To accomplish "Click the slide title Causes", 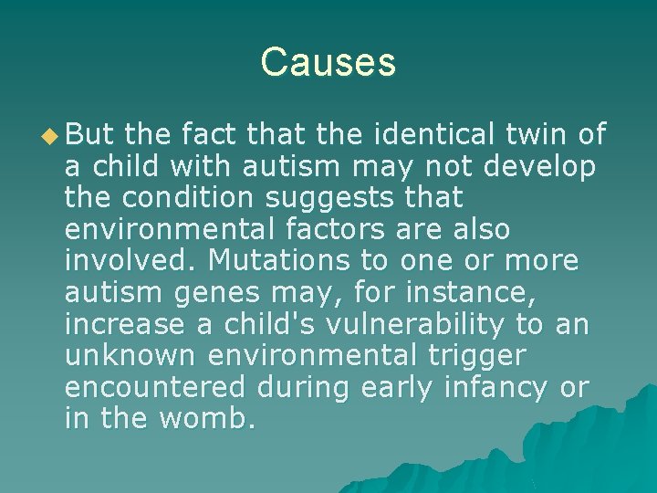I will (x=328, y=62).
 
